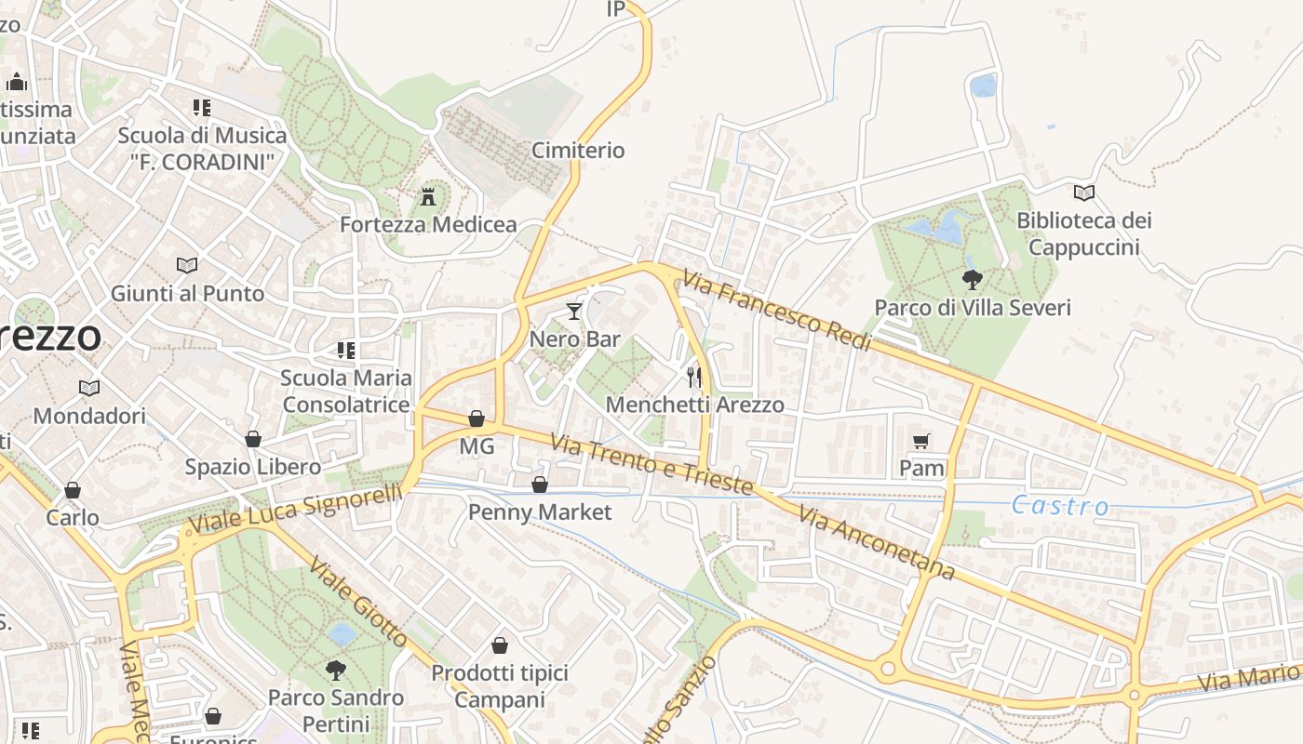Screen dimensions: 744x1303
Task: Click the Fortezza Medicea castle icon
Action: (428, 197)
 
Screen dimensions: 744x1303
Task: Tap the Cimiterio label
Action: (578, 150)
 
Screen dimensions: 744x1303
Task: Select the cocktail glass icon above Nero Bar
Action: (574, 312)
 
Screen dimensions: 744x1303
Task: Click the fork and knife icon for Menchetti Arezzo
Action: (694, 377)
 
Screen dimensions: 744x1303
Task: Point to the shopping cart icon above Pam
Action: (921, 441)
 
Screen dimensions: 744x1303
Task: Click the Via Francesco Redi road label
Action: (776, 311)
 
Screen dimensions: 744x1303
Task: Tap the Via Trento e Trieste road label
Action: (651, 464)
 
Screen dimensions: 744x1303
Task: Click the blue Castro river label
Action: (1060, 506)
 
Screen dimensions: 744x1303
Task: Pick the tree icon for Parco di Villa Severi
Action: (972, 279)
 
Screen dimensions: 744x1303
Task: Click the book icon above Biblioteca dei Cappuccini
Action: (1083, 193)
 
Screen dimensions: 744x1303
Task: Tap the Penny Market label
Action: (540, 511)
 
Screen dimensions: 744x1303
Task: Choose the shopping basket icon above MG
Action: (477, 418)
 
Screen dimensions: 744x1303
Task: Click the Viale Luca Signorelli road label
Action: (297, 509)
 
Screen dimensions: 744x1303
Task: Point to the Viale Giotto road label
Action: (358, 602)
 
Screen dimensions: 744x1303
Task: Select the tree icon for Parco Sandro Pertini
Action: (335, 670)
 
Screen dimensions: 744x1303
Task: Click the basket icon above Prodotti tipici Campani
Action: (500, 645)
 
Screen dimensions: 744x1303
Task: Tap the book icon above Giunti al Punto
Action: (187, 265)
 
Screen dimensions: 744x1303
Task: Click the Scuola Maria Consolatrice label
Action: (346, 392)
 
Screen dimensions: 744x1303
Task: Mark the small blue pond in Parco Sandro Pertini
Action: (342, 634)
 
